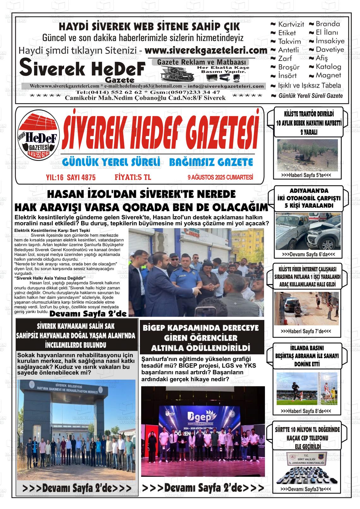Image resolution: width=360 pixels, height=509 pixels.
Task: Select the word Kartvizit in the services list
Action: [x=291, y=24]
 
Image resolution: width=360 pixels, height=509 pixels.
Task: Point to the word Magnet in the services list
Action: [x=328, y=75]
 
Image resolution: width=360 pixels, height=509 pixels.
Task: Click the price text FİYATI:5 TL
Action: [x=133, y=177]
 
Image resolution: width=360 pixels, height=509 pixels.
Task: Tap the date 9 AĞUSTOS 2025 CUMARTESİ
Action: [x=220, y=178]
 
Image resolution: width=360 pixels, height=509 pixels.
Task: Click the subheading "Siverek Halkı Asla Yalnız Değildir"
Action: [x=50, y=278]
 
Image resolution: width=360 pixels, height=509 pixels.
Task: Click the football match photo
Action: [x=307, y=388]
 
